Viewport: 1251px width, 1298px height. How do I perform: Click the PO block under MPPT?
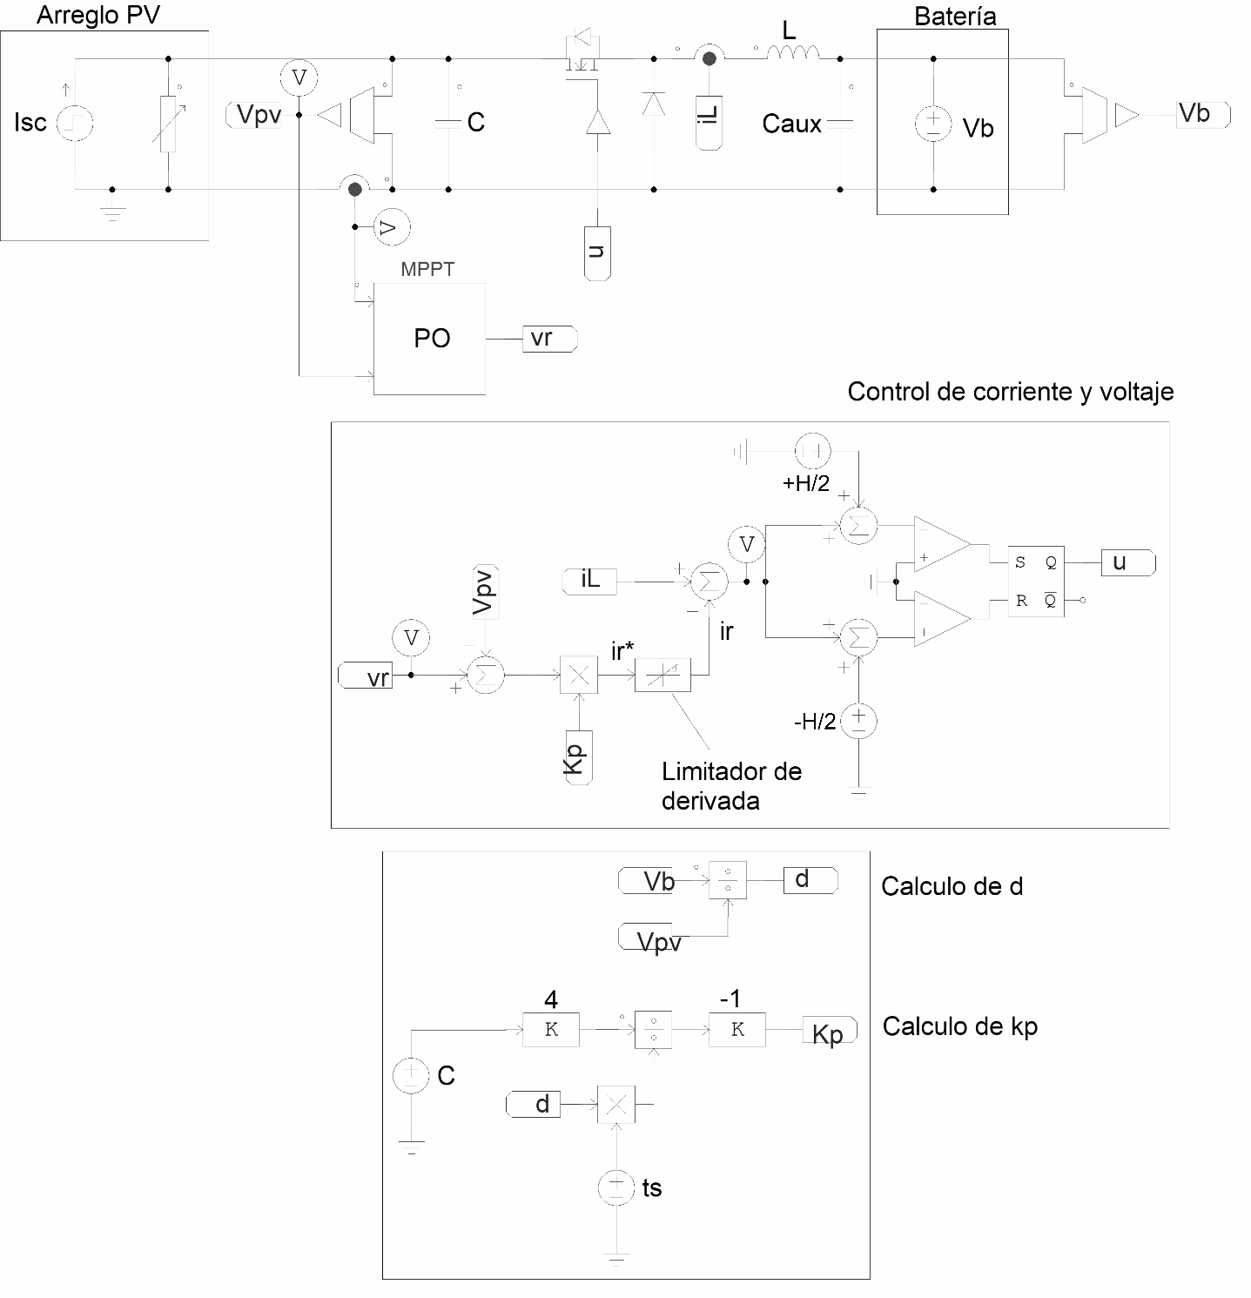pyautogui.click(x=429, y=339)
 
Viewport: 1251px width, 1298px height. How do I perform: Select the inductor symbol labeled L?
pyautogui.click(x=792, y=55)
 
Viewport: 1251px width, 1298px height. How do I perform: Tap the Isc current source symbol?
pyautogui.click(x=75, y=124)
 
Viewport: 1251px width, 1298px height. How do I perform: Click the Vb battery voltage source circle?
pyautogui.click(x=932, y=124)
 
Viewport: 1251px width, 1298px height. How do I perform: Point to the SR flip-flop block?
pyautogui.click(x=1036, y=582)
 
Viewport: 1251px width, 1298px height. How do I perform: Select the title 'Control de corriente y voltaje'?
pyautogui.click(x=1010, y=392)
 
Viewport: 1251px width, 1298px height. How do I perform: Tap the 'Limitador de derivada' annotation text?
pyautogui.click(x=730, y=785)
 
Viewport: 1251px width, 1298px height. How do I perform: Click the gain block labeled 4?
pyautogui.click(x=551, y=1029)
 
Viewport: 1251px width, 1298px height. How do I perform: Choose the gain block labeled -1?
pyautogui.click(x=737, y=1029)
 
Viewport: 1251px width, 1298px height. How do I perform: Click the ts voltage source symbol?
pyautogui.click(x=615, y=1187)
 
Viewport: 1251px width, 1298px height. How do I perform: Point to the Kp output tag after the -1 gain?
pyautogui.click(x=829, y=1032)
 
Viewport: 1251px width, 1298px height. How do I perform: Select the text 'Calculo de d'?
pyautogui.click(x=952, y=886)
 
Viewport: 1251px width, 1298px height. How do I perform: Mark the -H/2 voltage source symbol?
pyautogui.click(x=859, y=721)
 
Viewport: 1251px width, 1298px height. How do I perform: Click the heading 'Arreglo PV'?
pyautogui.click(x=98, y=16)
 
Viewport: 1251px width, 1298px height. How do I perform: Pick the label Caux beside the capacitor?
pyautogui.click(x=791, y=124)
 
